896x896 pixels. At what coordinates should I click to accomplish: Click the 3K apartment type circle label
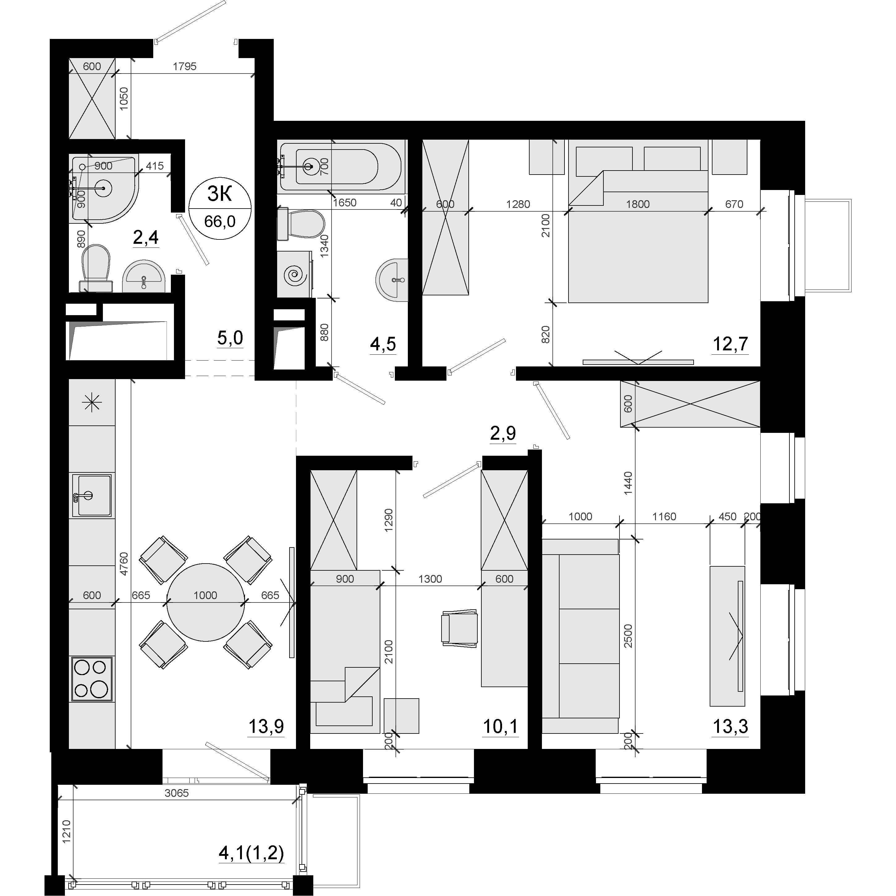click(220, 208)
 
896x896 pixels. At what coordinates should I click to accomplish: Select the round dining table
click(205, 602)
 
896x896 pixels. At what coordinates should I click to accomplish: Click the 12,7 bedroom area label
click(730, 344)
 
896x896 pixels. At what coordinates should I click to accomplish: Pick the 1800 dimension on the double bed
click(638, 204)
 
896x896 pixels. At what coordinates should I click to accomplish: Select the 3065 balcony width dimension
click(177, 793)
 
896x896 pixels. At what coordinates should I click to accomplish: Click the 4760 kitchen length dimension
click(123, 564)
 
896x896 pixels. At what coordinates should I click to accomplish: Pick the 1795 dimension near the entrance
click(184, 66)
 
